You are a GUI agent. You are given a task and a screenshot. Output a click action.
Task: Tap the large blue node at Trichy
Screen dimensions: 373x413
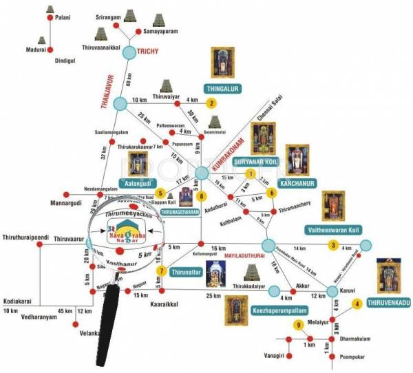pos(130,52)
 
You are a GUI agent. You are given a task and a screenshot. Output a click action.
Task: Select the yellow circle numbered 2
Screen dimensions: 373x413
pos(212,103)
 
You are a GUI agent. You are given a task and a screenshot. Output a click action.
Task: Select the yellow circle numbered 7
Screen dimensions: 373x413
pos(162,271)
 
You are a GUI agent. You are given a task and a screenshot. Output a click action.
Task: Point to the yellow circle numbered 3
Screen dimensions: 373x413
pos(334,245)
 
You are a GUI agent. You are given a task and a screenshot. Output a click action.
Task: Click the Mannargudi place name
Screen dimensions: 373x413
pos(55,204)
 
